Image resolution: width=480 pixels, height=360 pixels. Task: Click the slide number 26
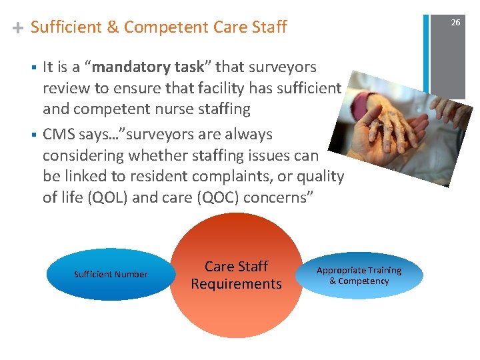point(455,23)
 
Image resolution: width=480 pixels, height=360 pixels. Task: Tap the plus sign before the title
point(18,28)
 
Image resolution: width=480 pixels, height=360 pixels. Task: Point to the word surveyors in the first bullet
point(285,67)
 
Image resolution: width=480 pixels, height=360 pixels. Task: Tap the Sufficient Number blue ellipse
point(111,275)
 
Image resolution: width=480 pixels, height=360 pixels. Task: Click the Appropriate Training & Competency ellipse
point(359,275)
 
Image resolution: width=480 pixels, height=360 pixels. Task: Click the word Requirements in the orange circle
point(236,284)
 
